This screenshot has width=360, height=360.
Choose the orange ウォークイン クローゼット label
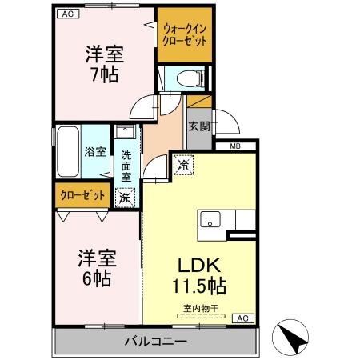(184, 35)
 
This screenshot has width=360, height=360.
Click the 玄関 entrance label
(198, 126)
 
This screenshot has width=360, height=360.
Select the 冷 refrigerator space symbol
(182, 164)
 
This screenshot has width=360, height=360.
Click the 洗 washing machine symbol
(126, 195)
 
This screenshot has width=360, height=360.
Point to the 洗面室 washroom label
(126, 164)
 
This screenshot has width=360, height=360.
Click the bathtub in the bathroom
(67, 152)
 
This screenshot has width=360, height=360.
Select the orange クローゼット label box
(82, 194)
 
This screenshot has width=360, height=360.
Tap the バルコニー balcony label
(155, 342)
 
